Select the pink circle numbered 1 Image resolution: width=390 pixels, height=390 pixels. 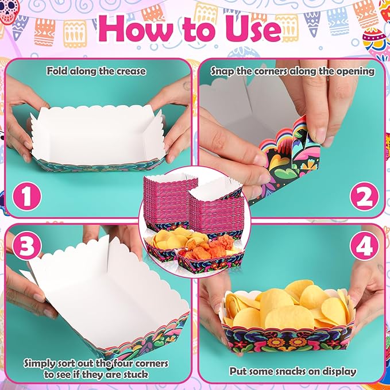pos(26,196)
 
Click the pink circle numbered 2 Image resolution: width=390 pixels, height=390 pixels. pos(364,196)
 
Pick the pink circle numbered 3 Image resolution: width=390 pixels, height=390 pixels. pos(26,245)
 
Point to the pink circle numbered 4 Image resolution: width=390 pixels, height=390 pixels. pos(364,245)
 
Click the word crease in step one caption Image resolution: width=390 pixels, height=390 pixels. pos(132,71)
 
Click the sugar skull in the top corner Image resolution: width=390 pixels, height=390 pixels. pos(9,10)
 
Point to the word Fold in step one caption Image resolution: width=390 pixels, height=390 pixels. pos(57,71)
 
